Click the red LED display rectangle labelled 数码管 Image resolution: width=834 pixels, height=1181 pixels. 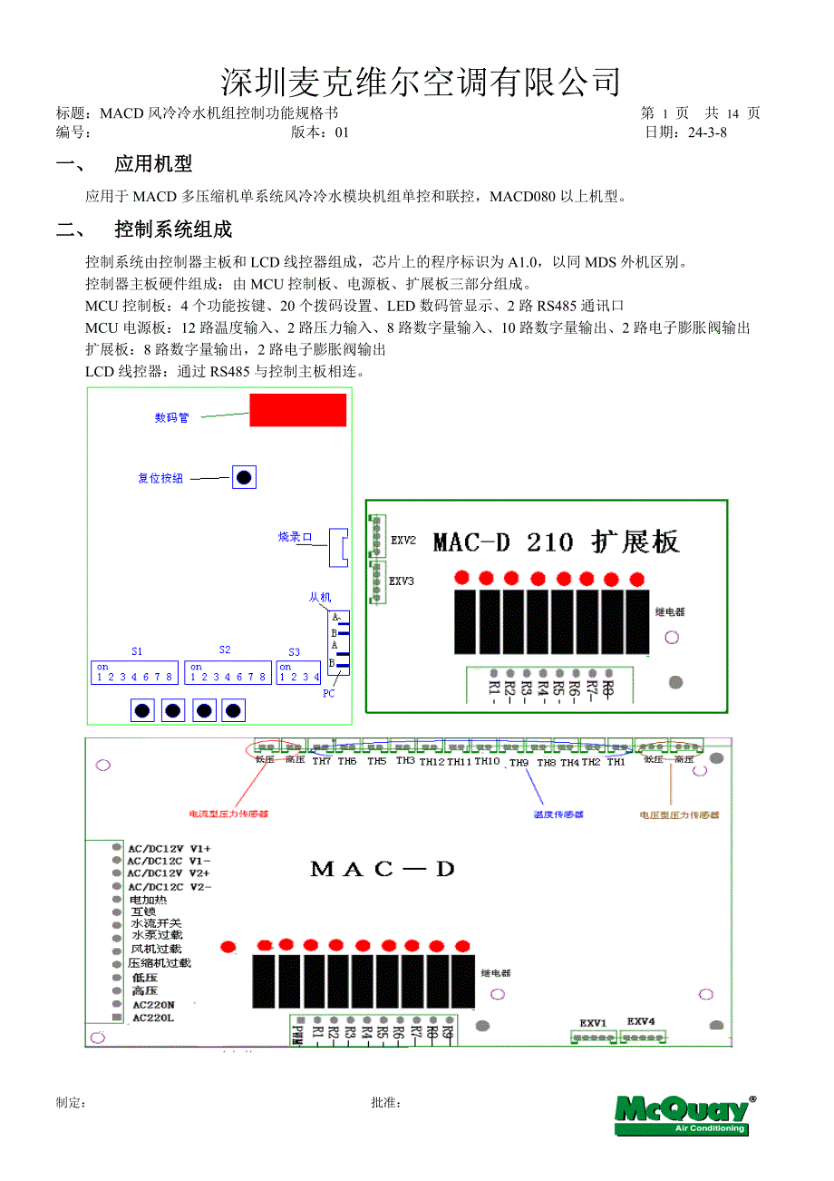[297, 410]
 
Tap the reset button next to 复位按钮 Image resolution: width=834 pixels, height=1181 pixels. [243, 477]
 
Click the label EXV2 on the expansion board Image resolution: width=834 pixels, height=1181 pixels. [403, 540]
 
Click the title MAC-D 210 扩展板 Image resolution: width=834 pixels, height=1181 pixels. [555, 542]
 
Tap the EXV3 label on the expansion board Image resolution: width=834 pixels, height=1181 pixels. [402, 581]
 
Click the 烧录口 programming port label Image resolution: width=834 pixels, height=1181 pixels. [295, 537]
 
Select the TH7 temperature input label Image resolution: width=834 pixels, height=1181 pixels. [322, 762]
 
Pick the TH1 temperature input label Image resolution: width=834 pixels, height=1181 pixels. [616, 762]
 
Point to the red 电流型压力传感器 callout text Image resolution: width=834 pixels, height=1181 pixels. [228, 815]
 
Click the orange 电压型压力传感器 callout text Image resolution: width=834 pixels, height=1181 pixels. [679, 815]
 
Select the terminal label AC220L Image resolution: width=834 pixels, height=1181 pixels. [152, 1018]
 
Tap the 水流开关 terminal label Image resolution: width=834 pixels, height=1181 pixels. [156, 922]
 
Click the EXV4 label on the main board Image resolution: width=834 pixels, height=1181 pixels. [641, 1022]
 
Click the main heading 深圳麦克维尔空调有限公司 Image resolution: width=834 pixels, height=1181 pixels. [421, 82]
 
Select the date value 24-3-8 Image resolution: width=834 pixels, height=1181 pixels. [707, 132]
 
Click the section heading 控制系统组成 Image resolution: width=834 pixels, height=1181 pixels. [173, 229]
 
